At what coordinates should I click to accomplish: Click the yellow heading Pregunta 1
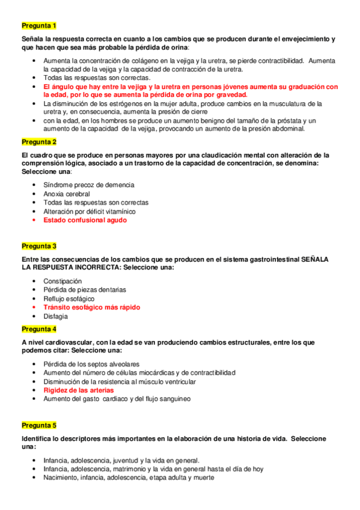pos(39,25)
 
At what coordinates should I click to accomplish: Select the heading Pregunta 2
pos(39,142)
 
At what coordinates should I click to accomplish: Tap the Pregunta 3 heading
pos(39,246)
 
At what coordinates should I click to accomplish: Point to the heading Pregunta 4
pos(39,329)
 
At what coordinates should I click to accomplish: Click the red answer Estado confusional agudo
pos(85,220)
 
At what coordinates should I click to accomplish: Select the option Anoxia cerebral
pos(67,194)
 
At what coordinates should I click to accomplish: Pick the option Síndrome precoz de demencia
pos(89,185)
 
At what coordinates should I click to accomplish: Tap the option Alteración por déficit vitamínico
pos(90,211)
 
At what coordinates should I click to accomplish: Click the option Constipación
pos(63,281)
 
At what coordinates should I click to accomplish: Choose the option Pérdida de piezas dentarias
pos(85,289)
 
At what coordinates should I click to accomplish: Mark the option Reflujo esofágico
pos(69,298)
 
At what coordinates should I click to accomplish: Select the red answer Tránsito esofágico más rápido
pos(91,307)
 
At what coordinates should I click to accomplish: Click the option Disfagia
pos(56,316)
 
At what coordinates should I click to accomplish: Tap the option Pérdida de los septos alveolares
pos(91,364)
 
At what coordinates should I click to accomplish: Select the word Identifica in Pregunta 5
pos(38,438)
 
